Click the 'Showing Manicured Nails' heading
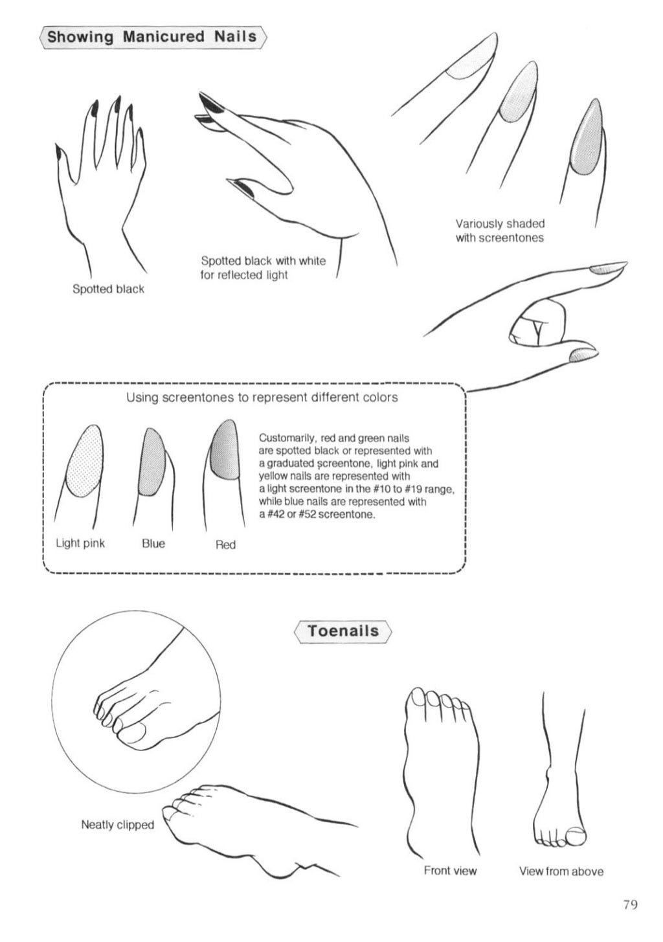(x=152, y=36)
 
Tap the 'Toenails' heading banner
(x=343, y=630)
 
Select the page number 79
(x=630, y=904)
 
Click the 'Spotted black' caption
(x=108, y=289)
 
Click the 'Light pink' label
(x=80, y=543)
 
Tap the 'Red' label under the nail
(x=225, y=545)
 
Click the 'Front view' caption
(x=450, y=871)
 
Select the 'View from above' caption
(x=561, y=871)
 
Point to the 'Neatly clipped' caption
(x=117, y=825)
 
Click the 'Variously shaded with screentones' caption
(x=499, y=230)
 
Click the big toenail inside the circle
(x=134, y=733)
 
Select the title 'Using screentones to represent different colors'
(x=262, y=397)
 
